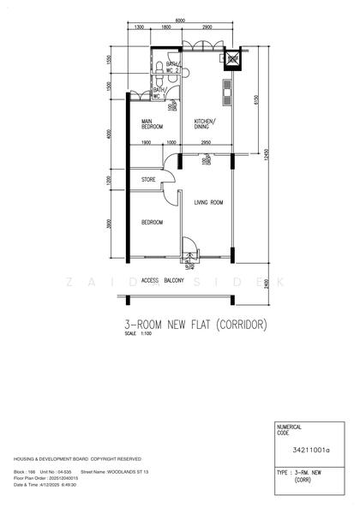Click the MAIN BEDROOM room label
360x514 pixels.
pos(152,124)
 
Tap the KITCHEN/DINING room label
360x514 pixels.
pos(205,123)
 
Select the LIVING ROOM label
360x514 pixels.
pos(208,202)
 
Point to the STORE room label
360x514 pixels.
pos(148,180)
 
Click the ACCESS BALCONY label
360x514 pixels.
pos(162,279)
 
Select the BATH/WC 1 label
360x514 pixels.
pos(159,92)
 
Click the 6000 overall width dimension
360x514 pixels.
pos(180,20)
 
